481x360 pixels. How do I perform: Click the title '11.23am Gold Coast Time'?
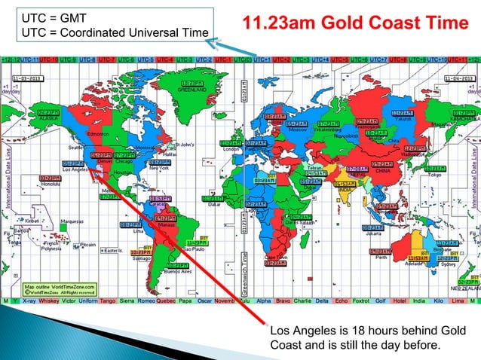tap(354, 23)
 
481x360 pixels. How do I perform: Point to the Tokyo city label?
tap(434, 174)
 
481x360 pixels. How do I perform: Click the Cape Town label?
tap(275, 256)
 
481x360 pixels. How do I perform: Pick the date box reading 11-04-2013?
tap(458, 77)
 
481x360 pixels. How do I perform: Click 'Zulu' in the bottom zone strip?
tap(243, 301)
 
